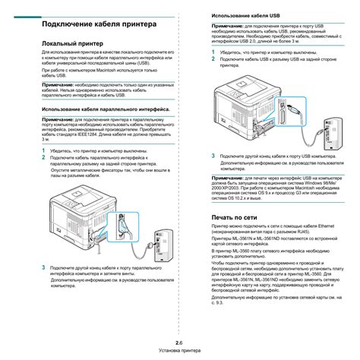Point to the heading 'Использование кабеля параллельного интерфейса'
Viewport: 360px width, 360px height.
[107, 109]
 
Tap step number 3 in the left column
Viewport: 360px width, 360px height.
[43, 269]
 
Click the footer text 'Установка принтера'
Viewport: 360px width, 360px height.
[180, 352]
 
